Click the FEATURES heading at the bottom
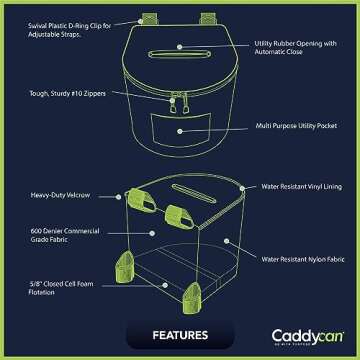pos(179,334)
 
